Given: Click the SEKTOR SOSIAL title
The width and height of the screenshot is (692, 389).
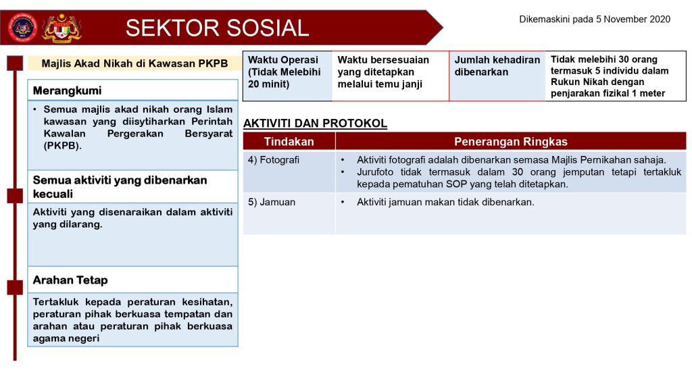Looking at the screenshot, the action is coord(217,28).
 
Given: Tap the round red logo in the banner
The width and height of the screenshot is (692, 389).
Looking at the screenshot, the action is coord(22,28).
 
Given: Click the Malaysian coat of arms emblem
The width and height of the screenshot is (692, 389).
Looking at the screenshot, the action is coord(61,28).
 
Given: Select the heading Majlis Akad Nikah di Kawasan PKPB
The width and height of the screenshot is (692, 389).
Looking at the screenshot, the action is coord(134,63).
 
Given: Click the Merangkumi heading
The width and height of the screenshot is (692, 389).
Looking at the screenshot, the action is coord(67,91).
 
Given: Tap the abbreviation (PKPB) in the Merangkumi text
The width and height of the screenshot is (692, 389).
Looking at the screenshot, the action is coord(63,146).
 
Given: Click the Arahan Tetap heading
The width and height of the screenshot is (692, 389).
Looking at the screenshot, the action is coord(70,280).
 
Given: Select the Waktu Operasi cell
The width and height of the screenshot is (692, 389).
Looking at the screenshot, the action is coord(287,76).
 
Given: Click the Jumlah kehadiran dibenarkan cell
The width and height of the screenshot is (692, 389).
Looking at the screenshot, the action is coord(497,76).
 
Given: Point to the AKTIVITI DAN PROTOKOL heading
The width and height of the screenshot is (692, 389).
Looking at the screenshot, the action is coord(315,124).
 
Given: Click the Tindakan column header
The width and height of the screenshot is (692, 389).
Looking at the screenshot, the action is coord(289,142).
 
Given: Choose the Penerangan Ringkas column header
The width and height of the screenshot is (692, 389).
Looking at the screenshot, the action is coord(511,142).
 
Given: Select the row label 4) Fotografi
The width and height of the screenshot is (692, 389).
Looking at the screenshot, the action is coord(274,160).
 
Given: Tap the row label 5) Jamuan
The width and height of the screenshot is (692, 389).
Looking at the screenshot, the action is coord(272,202).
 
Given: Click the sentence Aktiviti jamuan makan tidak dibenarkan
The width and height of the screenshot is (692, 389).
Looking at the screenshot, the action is coord(445,202).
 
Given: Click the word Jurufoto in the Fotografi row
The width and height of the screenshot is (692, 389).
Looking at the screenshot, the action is coord(375,172).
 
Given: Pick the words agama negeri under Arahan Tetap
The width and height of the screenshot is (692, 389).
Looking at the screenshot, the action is coord(66,339).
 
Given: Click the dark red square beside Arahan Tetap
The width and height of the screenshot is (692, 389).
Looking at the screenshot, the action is coord(15,288).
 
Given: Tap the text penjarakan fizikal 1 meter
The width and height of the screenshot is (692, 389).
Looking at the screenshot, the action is coord(608,93).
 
